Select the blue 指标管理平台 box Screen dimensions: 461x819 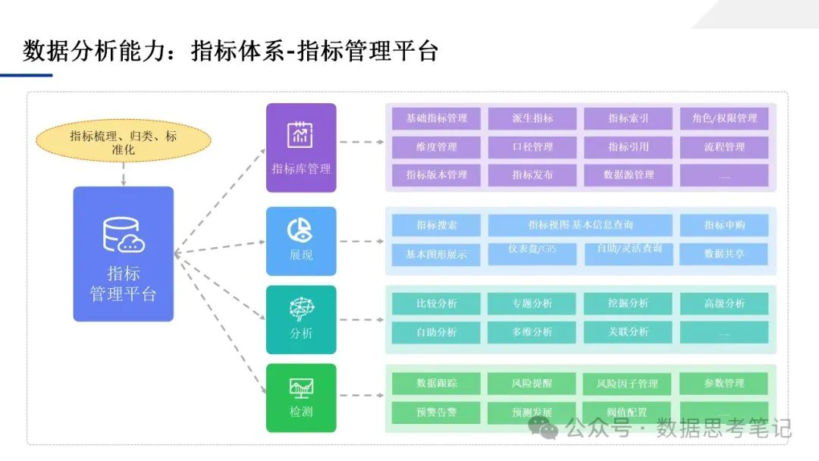[x=123, y=253]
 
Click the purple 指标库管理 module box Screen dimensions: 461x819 [x=301, y=147]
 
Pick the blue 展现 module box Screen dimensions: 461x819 [x=301, y=240]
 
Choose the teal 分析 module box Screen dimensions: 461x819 [x=301, y=319]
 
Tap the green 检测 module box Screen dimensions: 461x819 [x=301, y=397]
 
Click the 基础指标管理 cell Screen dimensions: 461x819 [x=436, y=118]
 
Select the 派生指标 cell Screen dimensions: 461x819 [x=532, y=118]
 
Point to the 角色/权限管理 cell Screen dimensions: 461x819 [x=724, y=118]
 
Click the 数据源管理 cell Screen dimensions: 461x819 [x=628, y=174]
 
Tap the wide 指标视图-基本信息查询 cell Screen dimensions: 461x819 [x=580, y=225]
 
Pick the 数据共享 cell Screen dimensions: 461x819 [x=724, y=254]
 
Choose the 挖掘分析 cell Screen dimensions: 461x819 [x=628, y=303]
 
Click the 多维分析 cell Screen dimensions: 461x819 [x=532, y=332]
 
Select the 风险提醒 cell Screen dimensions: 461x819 [x=532, y=384]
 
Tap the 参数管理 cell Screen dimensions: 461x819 [x=724, y=384]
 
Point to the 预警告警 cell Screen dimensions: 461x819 [x=436, y=412]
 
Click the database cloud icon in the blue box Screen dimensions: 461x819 [x=124, y=235]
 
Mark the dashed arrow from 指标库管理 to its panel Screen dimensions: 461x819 [x=360, y=142]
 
